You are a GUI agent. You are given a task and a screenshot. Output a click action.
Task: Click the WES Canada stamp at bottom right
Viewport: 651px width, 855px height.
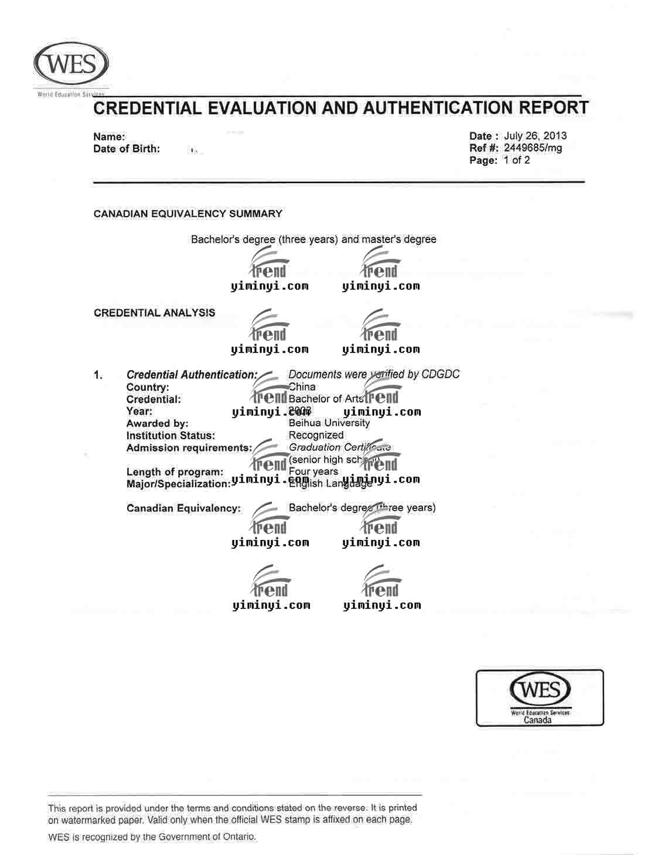click(x=539, y=697)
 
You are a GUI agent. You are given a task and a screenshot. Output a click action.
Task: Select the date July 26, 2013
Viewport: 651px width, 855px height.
click(x=535, y=136)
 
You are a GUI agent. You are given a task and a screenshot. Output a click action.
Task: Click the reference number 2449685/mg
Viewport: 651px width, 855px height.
click(x=533, y=148)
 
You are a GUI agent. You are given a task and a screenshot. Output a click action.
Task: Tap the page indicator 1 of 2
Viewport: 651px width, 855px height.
click(x=516, y=160)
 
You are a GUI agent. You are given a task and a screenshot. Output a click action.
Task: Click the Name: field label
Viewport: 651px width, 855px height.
click(x=109, y=137)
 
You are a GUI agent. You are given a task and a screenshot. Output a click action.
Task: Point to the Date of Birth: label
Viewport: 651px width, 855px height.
click(x=127, y=149)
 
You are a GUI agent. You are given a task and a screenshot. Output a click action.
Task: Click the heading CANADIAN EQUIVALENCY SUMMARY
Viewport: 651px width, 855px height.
click(x=188, y=214)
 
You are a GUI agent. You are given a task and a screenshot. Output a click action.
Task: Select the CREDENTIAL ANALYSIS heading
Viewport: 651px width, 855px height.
click(x=154, y=313)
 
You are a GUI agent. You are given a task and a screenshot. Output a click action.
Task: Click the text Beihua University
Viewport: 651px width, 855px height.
click(x=329, y=423)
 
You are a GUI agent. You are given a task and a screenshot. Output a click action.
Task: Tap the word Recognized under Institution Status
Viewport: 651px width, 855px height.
click(x=316, y=435)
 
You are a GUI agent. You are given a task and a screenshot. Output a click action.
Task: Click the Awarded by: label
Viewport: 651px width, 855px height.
click(x=157, y=423)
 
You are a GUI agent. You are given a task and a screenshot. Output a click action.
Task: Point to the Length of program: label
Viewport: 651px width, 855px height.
click(x=175, y=472)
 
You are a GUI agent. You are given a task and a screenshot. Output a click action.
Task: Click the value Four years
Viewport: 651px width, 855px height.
click(x=313, y=471)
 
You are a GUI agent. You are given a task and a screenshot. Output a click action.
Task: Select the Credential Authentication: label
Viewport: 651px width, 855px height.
click(x=192, y=375)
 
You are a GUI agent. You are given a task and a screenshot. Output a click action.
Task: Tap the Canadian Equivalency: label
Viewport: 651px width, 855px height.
click(x=183, y=508)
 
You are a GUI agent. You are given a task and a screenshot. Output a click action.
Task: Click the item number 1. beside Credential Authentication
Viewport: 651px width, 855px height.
click(x=98, y=375)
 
